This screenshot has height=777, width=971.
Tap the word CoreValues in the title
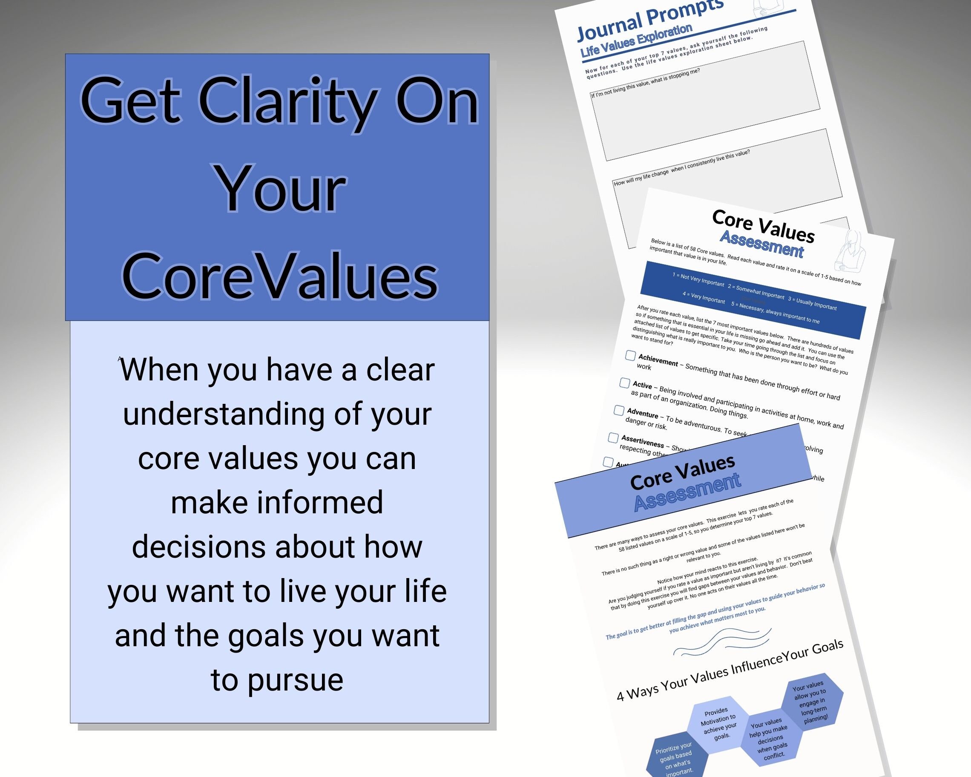pos(279,276)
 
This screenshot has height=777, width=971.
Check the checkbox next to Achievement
pos(630,356)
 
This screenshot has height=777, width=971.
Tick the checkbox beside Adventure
pos(619,410)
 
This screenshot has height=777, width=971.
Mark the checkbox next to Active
pos(624,383)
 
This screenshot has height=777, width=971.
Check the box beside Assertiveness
pos(613,438)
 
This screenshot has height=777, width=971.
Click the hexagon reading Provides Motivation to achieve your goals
pos(718,723)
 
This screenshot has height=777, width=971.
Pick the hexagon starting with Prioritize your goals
pos(675,759)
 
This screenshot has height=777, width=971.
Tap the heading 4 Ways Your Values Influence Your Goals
pos(730,670)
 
